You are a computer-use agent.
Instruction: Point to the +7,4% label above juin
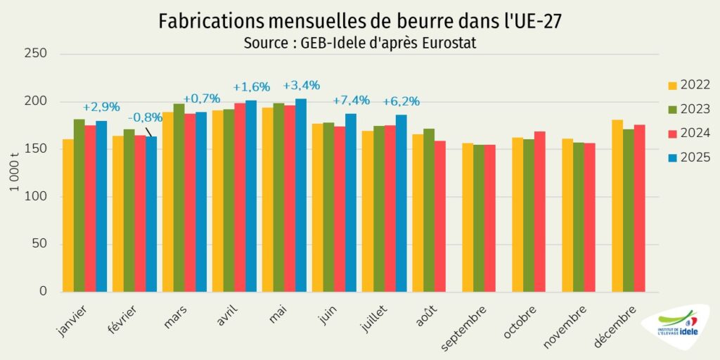click(351, 101)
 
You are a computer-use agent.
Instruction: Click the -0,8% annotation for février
click(145, 117)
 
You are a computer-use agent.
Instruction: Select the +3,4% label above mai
click(301, 86)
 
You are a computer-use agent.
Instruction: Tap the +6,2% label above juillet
click(401, 101)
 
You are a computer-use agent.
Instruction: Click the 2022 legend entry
click(688, 85)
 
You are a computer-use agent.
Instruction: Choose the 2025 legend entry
click(688, 157)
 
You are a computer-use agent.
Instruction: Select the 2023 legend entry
click(688, 109)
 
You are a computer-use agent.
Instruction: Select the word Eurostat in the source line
click(450, 44)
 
